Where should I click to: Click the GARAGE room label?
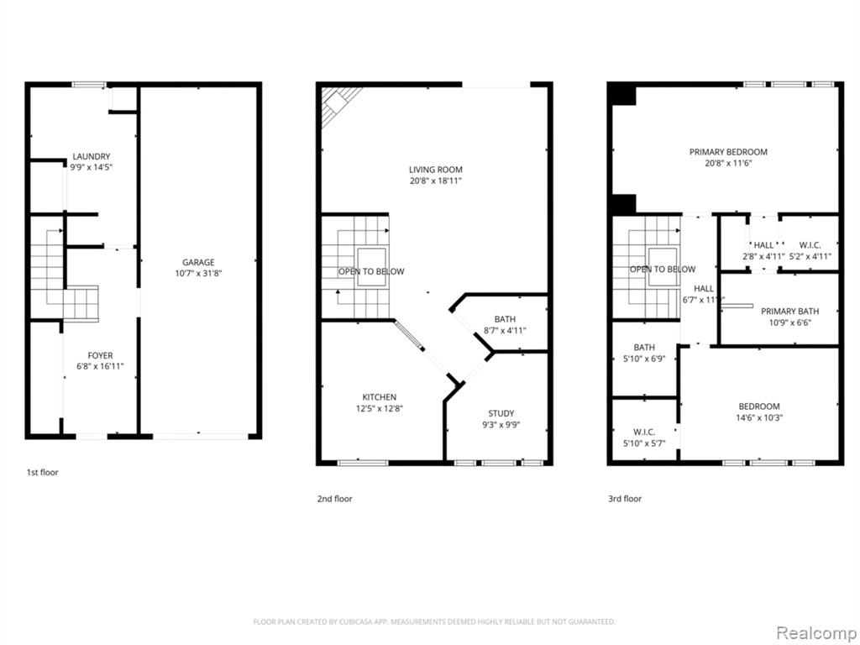(198, 262)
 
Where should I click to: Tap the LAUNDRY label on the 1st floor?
(92, 156)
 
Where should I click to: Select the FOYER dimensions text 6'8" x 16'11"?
(101, 366)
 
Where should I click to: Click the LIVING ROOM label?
(436, 170)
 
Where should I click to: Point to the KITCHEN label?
(380, 397)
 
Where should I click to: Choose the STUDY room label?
(501, 413)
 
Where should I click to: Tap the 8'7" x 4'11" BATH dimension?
(505, 330)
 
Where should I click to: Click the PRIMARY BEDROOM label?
(728, 152)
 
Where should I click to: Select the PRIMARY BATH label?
(789, 312)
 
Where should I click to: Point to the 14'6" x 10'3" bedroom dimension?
(759, 417)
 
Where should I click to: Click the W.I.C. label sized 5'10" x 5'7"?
(644, 433)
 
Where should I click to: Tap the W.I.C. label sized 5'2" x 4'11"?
(810, 245)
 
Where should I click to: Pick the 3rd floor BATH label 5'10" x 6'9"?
(644, 347)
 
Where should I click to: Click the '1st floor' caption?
(42, 472)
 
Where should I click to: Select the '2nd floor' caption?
(334, 499)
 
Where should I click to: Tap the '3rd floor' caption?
(625, 499)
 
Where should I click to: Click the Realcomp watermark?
(815, 633)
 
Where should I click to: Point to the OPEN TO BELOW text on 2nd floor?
(371, 271)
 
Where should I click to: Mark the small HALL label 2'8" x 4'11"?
(763, 245)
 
